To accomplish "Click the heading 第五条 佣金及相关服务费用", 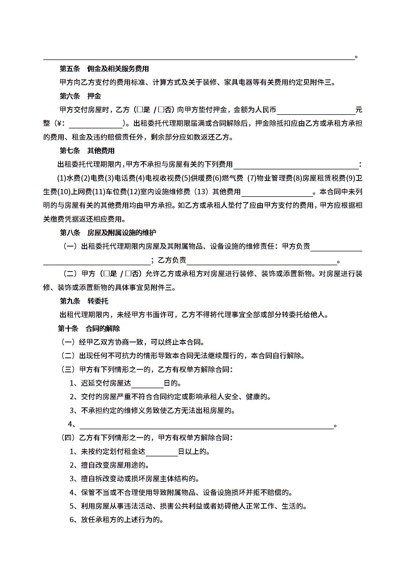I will pyautogui.click(x=104, y=69).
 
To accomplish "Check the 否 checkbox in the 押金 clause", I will pyautogui.click(x=161, y=110).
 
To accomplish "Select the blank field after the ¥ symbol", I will pyautogui.click(x=96, y=124).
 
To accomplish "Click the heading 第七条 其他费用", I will pyautogui.click(x=87, y=151).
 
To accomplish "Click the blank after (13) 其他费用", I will pyautogui.click(x=277, y=192).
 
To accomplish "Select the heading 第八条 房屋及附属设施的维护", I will pyautogui.click(x=108, y=233).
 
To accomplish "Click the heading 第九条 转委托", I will pyautogui.click(x=84, y=301).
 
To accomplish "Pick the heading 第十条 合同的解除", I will pyautogui.click(x=89, y=328).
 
